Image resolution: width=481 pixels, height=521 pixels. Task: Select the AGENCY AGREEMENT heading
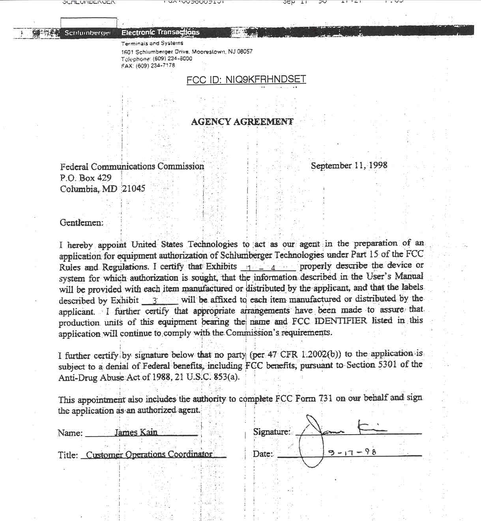click(x=242, y=121)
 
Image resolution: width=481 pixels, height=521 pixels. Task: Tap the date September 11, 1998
click(x=349, y=166)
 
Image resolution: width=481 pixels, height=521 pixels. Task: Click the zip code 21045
click(x=133, y=189)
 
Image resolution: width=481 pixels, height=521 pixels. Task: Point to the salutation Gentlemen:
click(x=82, y=223)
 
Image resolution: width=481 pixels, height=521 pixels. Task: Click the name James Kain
click(x=136, y=432)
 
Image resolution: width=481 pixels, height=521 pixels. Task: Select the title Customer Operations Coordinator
click(x=149, y=454)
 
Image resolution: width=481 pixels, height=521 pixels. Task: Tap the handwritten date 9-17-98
click(x=352, y=452)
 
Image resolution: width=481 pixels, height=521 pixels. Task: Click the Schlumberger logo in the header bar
click(x=87, y=33)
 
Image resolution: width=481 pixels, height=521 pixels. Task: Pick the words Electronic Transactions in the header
click(x=160, y=32)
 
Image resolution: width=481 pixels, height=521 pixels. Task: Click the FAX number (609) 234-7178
click(x=155, y=66)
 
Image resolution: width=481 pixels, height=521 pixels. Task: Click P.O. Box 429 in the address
click(x=86, y=178)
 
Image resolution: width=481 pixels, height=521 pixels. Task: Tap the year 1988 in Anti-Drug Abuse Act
click(x=162, y=377)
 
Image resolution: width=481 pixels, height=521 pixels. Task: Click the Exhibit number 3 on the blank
click(x=155, y=301)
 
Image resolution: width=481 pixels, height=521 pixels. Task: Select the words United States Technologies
click(x=184, y=245)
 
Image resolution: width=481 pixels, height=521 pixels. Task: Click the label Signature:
click(x=271, y=432)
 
